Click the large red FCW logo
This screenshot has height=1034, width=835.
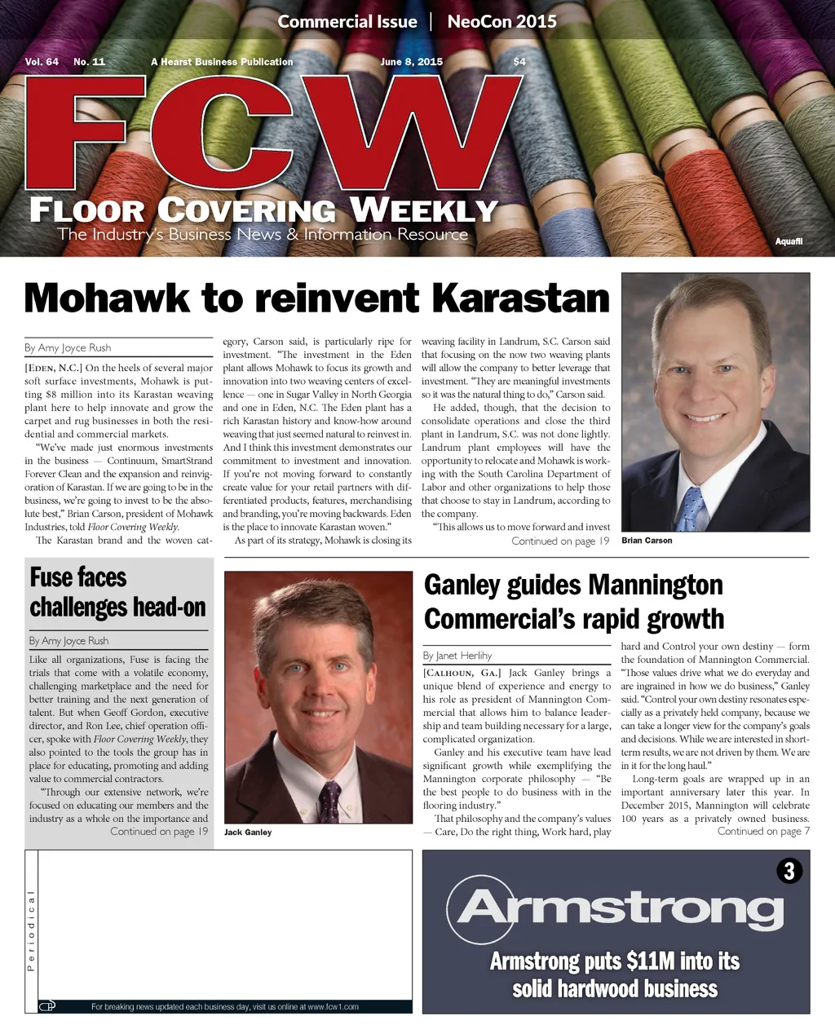[273, 135]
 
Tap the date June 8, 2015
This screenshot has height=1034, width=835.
[411, 62]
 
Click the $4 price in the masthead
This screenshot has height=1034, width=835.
[519, 62]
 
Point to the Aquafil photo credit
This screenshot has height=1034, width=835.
[789, 241]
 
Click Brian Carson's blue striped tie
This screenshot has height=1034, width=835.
[691, 509]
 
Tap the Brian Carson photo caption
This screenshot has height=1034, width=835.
[647, 541]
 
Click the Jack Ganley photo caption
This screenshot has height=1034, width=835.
[248, 833]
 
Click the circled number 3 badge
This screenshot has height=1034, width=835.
[789, 871]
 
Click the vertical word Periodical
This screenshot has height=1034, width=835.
[31, 930]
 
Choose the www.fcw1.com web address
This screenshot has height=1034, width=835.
[333, 1007]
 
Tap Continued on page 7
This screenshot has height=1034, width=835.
[763, 832]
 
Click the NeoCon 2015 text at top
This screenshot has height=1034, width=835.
[501, 22]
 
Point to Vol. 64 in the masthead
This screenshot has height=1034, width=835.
[42, 62]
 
